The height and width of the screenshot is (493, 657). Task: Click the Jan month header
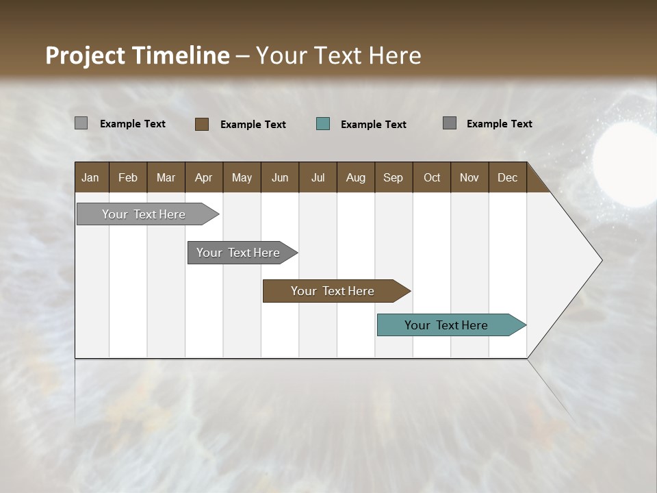[90, 177]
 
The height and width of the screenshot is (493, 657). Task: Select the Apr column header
[203, 177]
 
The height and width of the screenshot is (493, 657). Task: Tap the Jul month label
[318, 177]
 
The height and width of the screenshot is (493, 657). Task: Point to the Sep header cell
[393, 177]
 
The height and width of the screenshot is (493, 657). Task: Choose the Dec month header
[507, 177]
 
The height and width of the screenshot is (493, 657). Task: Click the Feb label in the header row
[128, 177]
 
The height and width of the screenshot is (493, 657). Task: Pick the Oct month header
[432, 177]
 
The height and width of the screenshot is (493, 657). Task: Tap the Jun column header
[280, 177]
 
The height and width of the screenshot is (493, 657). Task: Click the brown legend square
[202, 124]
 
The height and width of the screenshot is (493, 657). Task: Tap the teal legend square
[323, 124]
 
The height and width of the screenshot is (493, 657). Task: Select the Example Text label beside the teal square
[373, 125]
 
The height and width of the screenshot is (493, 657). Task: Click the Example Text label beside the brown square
[253, 125]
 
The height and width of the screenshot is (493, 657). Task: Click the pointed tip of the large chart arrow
[600, 260]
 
